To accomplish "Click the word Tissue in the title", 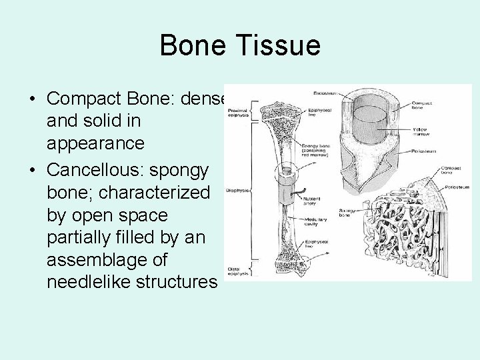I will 281,46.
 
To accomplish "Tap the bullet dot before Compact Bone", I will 33,99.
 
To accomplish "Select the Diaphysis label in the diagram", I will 238,190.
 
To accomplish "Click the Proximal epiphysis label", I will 238,113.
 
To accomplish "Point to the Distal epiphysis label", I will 238,270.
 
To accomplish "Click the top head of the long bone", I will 277,113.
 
